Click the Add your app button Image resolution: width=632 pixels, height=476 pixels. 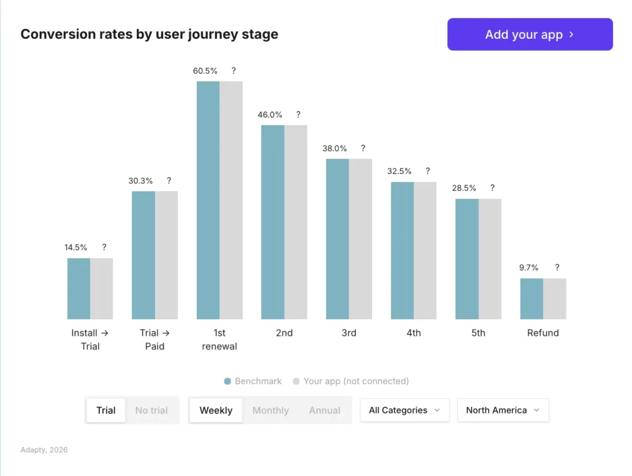[x=530, y=35]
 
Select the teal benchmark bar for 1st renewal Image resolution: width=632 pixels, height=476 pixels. [x=208, y=200]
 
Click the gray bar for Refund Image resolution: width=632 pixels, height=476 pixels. [x=554, y=299]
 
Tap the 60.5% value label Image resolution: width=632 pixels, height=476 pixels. [x=205, y=71]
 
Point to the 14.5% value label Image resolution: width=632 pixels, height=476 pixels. [x=76, y=248]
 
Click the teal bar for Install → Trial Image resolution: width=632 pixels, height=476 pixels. [x=78, y=288]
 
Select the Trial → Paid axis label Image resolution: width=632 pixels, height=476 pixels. [x=154, y=340]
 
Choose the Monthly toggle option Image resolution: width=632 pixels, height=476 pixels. [x=270, y=411]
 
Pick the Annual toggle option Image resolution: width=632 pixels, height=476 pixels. [x=325, y=411]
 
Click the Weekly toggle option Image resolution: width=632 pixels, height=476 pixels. [x=216, y=411]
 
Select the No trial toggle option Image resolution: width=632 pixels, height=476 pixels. [x=151, y=411]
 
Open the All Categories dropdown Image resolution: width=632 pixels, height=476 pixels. [x=404, y=411]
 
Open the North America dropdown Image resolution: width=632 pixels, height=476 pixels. [x=502, y=411]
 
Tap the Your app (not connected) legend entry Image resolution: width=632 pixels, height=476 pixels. [x=351, y=382]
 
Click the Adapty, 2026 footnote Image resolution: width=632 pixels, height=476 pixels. [x=43, y=450]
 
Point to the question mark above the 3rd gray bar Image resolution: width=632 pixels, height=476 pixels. [x=363, y=148]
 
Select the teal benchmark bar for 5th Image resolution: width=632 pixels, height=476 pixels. [x=467, y=259]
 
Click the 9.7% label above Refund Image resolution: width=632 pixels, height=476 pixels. [x=529, y=268]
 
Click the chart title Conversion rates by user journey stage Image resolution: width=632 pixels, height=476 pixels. [x=149, y=35]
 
